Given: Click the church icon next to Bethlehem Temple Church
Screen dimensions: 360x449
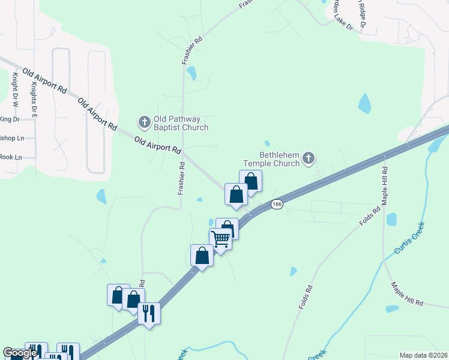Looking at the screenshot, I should point(309,159).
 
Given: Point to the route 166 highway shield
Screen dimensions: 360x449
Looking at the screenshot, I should point(276,204).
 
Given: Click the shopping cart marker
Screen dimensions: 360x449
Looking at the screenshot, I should point(220,239).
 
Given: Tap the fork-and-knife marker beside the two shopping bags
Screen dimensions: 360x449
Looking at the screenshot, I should point(149,313).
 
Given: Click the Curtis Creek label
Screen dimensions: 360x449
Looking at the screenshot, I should point(409,237).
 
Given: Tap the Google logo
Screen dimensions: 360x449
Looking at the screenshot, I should point(19,353).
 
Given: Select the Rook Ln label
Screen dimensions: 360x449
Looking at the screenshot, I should point(11,157).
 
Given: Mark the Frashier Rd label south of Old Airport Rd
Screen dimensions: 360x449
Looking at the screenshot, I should point(179,178).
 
